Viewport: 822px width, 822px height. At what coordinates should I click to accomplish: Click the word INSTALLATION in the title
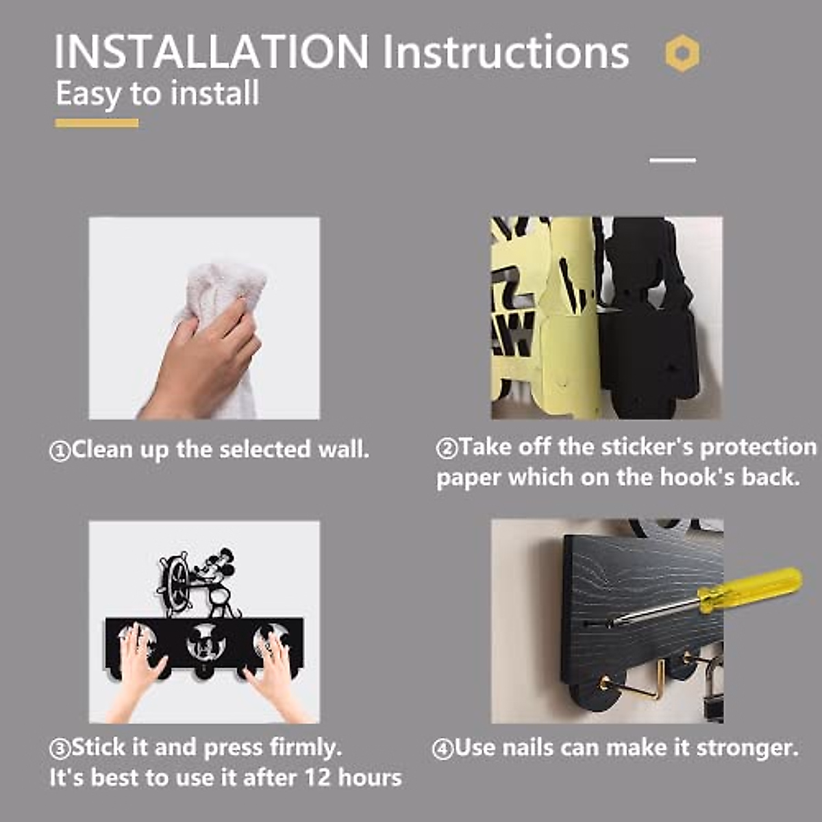(211, 52)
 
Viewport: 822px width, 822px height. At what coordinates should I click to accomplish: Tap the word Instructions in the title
(506, 52)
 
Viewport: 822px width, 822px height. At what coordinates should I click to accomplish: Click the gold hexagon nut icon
(682, 53)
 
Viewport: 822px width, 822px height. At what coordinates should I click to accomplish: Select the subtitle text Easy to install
(158, 94)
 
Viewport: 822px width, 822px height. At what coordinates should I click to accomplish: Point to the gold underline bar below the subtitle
(97, 123)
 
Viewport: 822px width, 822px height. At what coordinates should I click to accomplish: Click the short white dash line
(673, 160)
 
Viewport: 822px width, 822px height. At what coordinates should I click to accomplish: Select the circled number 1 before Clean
(60, 451)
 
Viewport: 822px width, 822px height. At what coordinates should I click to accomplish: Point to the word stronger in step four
(747, 749)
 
